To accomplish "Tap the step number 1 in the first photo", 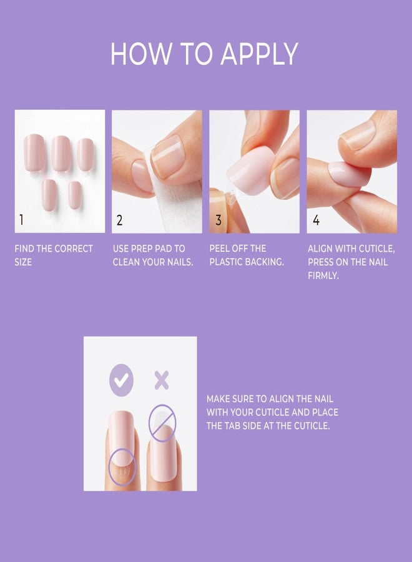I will tap(21, 220).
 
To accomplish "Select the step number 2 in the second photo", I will tap(119, 220).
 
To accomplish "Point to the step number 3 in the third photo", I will tap(218, 220).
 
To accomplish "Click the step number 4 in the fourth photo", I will tap(316, 220).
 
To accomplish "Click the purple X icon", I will tap(162, 380).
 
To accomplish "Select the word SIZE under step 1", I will tap(23, 262).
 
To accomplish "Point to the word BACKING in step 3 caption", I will tap(265, 262).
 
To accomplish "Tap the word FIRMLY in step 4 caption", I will tap(323, 275).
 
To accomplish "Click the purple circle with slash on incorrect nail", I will tap(162, 423).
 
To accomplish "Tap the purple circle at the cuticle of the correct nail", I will tap(122, 467).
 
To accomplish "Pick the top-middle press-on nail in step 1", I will tap(61, 153).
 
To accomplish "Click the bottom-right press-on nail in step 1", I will tap(74, 195).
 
